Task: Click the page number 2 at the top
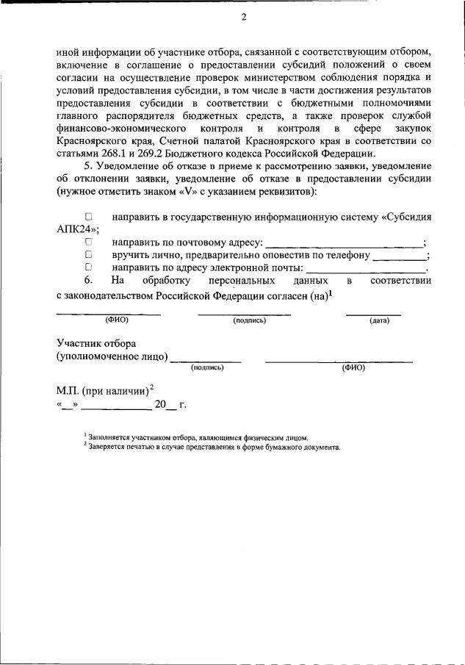(x=243, y=18)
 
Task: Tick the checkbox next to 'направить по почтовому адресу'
(x=88, y=242)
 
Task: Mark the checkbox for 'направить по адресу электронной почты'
(x=88, y=268)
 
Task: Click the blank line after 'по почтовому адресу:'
(x=344, y=244)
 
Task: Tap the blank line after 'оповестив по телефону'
(x=399, y=257)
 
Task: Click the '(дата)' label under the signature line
(x=379, y=321)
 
